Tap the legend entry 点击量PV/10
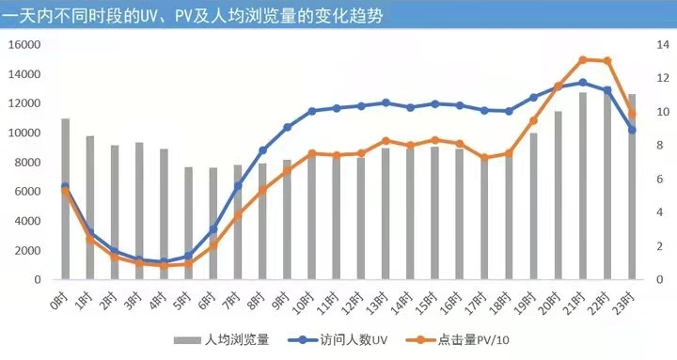coord(477,339)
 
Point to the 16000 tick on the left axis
coord(24,44)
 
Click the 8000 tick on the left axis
coord(27,162)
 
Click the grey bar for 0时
coord(66,199)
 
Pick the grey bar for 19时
coord(533,206)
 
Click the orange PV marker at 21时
coord(582,59)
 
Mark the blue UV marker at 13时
coord(386,102)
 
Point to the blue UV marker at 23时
coord(632,130)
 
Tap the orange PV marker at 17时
coord(484,158)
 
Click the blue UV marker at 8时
coord(262,150)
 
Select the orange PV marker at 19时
coord(533,120)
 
